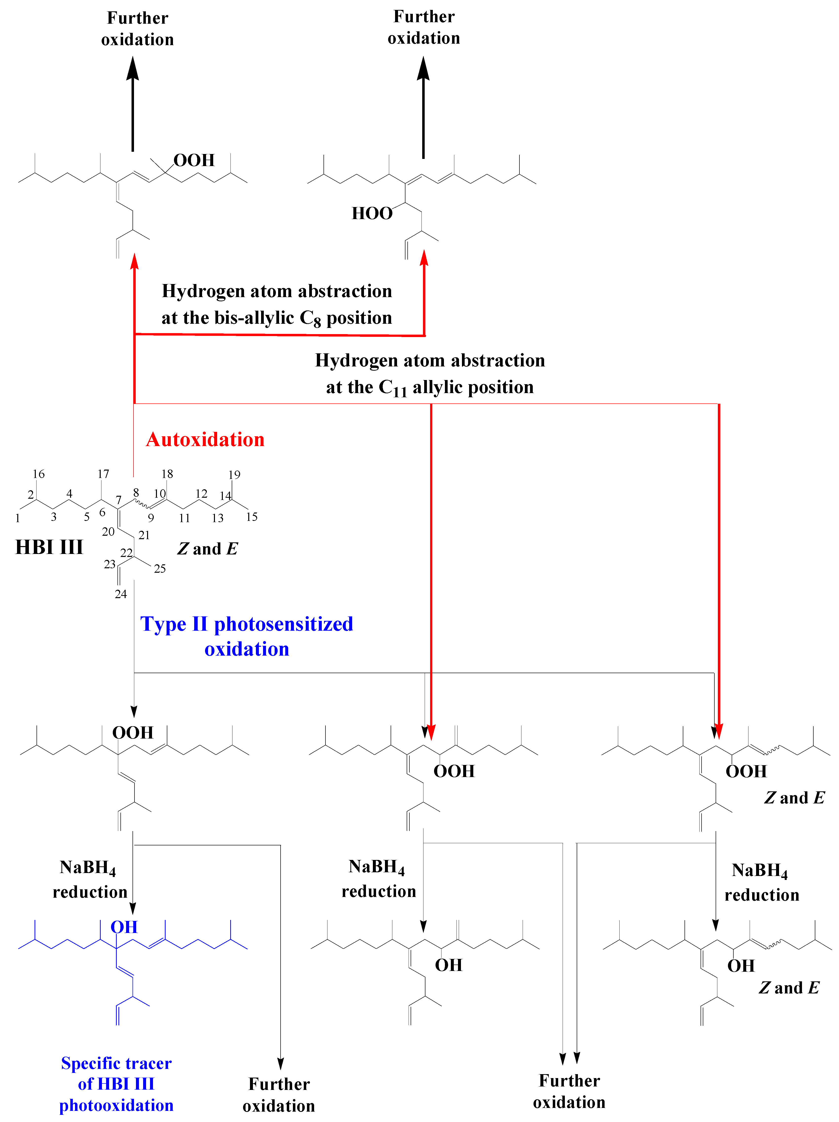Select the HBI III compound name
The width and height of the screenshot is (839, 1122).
[49, 547]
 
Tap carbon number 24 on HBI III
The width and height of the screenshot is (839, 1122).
[121, 594]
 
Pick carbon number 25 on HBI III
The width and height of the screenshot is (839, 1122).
[160, 569]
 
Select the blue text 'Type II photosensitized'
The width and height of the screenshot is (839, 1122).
[247, 624]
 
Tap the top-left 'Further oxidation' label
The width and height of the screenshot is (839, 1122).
[137, 28]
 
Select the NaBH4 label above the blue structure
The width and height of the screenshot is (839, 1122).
[88, 867]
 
